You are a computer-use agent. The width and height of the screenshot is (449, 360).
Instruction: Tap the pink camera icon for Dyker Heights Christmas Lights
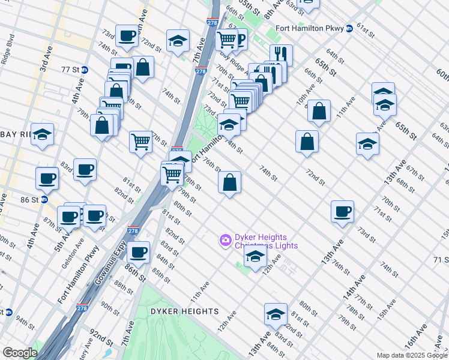[225, 240]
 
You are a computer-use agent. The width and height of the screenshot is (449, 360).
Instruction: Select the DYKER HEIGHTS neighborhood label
[184, 311]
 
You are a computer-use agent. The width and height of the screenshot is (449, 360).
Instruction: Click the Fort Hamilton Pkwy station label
[310, 28]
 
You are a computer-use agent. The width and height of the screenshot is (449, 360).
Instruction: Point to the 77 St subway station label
[71, 70]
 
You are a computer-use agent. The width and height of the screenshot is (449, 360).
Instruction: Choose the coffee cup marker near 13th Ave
[342, 212]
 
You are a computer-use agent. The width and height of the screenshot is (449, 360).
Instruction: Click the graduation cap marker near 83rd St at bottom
[276, 314]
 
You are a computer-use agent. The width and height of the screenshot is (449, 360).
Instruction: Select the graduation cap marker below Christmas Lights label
[255, 257]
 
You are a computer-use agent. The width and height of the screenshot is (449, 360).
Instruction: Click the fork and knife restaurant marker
[281, 55]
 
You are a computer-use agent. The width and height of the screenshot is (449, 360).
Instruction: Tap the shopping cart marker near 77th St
[140, 142]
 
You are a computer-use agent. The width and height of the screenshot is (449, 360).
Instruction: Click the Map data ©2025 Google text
[411, 355]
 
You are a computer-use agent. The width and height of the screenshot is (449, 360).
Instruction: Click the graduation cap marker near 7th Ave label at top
[178, 41]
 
